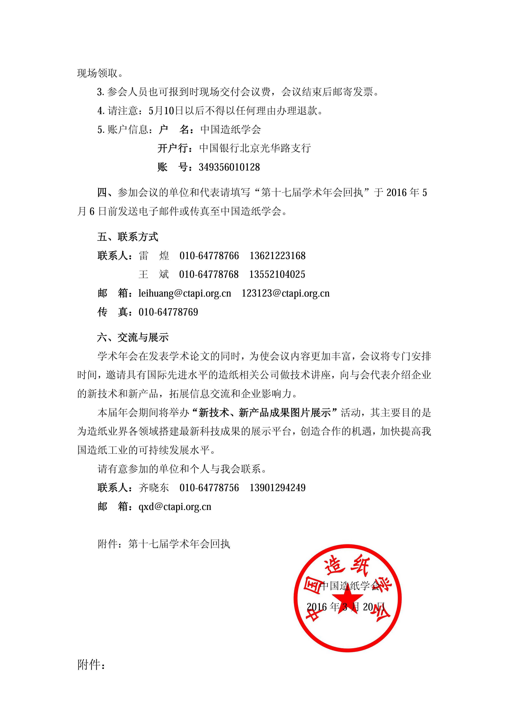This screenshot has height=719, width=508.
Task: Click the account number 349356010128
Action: coord(229,167)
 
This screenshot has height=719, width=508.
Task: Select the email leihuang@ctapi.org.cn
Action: coord(185,294)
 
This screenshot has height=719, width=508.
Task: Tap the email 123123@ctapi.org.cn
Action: coord(286,294)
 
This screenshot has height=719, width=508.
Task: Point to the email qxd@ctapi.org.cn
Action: coord(175,507)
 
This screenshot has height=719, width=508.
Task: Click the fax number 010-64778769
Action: coord(168,312)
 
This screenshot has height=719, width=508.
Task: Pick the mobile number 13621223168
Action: coord(277,256)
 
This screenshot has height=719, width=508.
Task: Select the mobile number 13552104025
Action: coord(277,275)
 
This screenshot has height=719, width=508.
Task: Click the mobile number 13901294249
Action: coord(277,488)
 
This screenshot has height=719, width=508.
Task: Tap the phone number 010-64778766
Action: coord(209,256)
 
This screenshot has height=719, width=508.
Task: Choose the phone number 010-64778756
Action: coord(209,488)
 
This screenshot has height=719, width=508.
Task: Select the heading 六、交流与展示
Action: coord(133,338)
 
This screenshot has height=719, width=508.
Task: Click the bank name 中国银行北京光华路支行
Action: coord(255,148)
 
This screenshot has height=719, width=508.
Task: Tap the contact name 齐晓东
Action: coord(154,488)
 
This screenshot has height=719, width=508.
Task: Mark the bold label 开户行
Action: coord(174,148)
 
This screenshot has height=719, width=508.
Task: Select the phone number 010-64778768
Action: coord(209,275)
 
